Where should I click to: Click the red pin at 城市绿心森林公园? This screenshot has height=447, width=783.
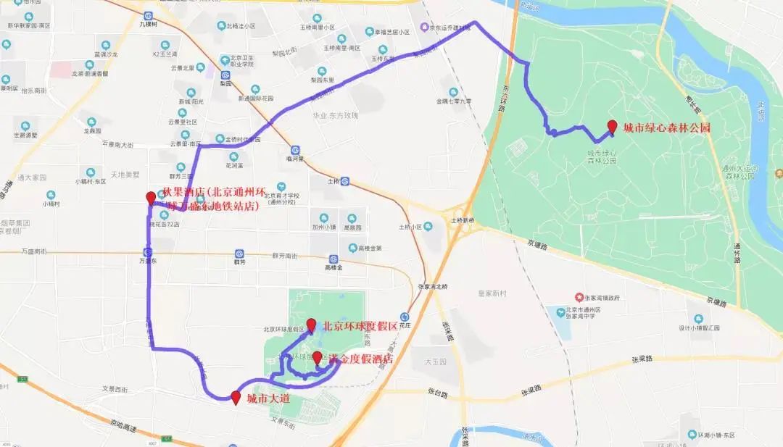click(613, 127)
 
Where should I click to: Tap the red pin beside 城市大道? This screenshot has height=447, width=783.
click(236, 396)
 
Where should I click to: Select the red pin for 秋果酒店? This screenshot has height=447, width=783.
click(151, 197)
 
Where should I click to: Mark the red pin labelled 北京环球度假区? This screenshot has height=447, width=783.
click(312, 325)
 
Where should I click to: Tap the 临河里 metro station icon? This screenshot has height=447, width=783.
click(295, 150)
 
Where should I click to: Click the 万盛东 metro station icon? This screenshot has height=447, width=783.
click(148, 251)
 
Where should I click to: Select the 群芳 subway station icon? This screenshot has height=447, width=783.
click(239, 254)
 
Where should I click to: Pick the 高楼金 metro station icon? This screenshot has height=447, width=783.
click(334, 259)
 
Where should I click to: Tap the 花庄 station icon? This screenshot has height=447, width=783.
click(405, 317)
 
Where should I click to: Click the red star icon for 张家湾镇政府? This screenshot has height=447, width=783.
click(579, 297)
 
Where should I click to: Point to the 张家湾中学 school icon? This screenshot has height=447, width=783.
click(560, 312)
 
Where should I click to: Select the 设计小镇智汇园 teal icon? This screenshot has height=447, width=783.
click(698, 319)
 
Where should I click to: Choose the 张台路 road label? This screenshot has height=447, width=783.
click(437, 395)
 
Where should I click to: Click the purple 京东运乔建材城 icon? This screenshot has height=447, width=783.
click(424, 28)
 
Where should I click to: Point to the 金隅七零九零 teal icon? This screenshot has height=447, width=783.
click(453, 92)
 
